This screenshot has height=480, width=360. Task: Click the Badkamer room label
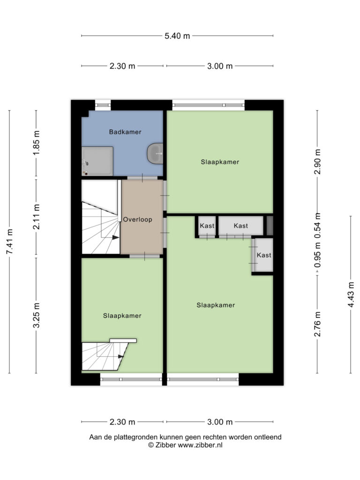pos(125,132)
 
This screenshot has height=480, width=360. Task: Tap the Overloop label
pos(137,219)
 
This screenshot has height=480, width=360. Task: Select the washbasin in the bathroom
pos(155,153)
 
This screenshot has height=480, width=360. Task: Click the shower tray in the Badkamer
pos(97,161)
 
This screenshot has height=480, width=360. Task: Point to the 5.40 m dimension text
pos(177,36)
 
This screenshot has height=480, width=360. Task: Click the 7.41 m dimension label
pos(9,241)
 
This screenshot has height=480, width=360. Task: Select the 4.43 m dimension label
pos(351,295)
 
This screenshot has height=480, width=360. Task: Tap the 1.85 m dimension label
pos(37,142)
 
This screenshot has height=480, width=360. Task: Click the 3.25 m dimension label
pos(37,315)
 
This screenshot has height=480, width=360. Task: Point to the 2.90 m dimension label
pos(317,161)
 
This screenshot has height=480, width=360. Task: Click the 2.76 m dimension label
pos(317,324)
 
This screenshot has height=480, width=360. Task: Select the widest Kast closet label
pos(240,226)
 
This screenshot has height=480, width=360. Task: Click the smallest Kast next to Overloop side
pos(207,226)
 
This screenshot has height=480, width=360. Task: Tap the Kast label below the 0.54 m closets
pos(264,255)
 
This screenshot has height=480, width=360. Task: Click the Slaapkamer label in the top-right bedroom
pos(220,162)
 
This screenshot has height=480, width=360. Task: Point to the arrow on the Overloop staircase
pos(116,238)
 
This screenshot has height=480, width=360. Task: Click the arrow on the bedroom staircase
pos(121,356)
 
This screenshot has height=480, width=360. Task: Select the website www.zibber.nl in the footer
pos(200,445)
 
